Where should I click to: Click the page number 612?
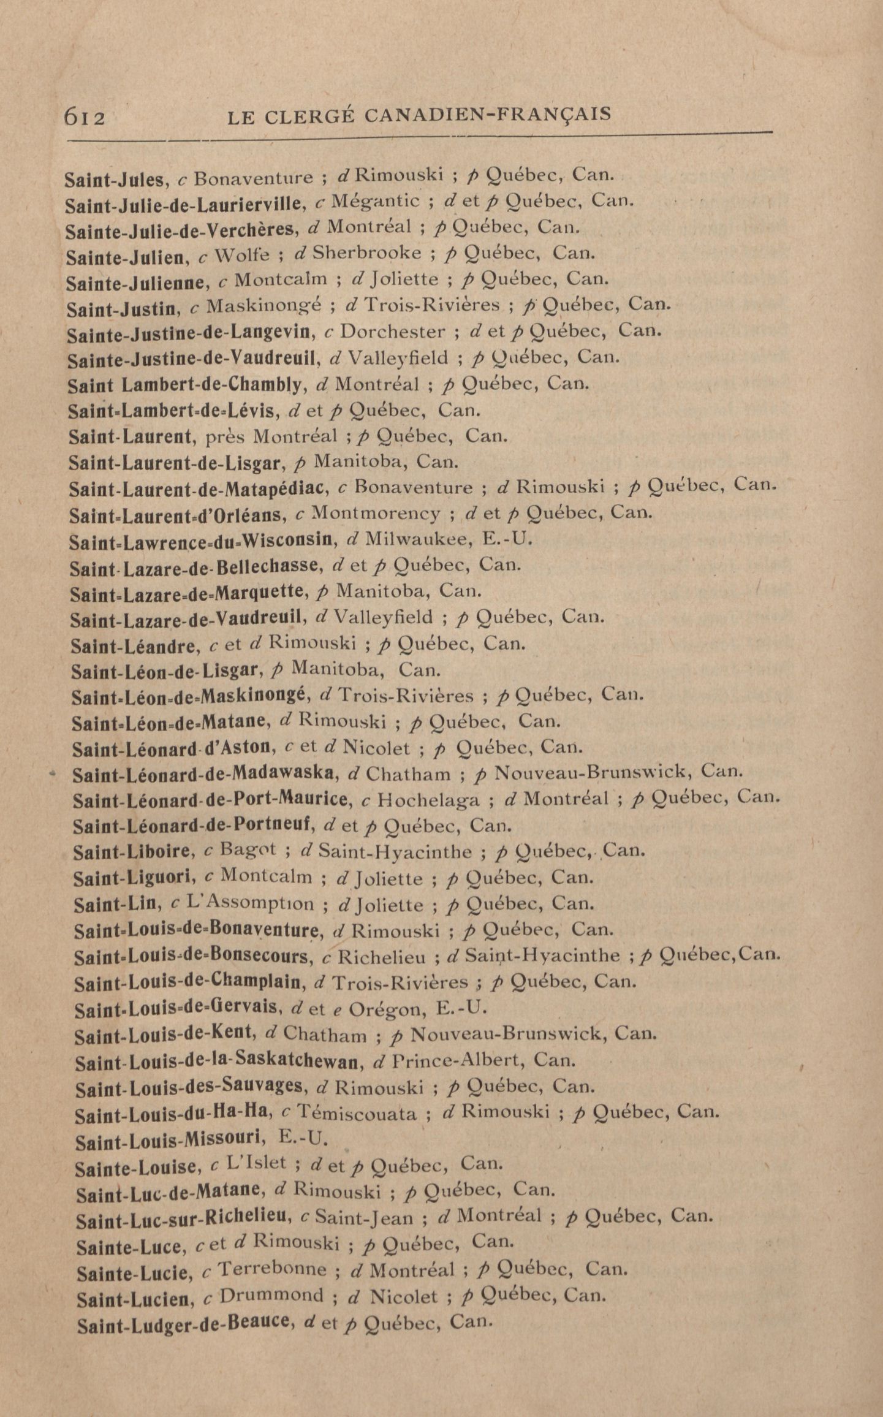[85, 116]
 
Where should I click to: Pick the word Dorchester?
[392, 332]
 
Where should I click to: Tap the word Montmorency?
[376, 512]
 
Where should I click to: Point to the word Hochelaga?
[428, 799]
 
